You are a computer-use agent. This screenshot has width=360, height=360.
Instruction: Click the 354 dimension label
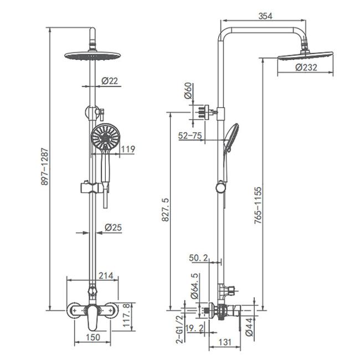pos(265,16)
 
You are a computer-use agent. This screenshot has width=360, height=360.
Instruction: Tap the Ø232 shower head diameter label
pos(306,67)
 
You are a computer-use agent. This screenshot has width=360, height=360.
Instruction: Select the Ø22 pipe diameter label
pos(110,81)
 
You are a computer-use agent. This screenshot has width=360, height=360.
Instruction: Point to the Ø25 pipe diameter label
pos(113,228)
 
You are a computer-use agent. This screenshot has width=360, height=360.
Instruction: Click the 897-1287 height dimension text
pos(45,167)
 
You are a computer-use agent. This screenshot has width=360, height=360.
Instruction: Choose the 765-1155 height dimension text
pos(258,205)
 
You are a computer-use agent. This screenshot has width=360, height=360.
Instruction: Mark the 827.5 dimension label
pos(166,209)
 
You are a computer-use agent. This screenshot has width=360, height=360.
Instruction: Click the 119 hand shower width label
pos(128,149)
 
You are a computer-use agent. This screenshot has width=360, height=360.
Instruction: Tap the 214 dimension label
pos(106,275)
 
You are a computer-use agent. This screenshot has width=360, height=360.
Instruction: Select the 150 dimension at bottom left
pos(93,337)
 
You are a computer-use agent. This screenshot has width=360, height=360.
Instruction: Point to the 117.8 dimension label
pos(127,315)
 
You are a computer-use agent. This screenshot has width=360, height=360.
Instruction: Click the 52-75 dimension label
pos(190,136)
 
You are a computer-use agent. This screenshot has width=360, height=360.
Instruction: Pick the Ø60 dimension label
pos(188,91)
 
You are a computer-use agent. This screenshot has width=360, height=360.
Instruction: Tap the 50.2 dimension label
pos(198,258)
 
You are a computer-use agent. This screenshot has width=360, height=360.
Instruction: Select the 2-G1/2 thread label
pos(181,329)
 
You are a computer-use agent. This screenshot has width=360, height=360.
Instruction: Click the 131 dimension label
pos(225,342)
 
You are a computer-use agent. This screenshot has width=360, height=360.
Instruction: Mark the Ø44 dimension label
pos(249,327)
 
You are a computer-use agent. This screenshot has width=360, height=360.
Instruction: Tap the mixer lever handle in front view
pos(92,318)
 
